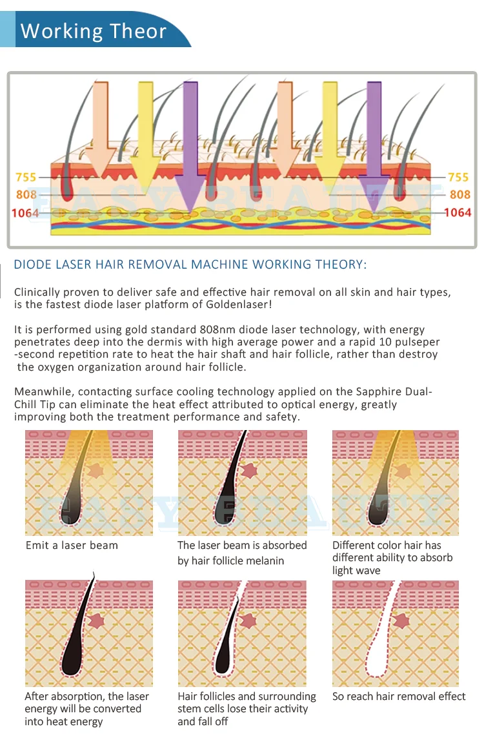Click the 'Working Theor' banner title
[x=94, y=31]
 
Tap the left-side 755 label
[x=26, y=177]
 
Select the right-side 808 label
[x=459, y=194]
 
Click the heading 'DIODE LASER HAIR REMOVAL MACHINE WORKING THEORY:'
[x=190, y=265]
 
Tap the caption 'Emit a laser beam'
[x=72, y=546]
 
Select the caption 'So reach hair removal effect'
[x=399, y=696]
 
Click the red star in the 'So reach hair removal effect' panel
[x=401, y=621]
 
